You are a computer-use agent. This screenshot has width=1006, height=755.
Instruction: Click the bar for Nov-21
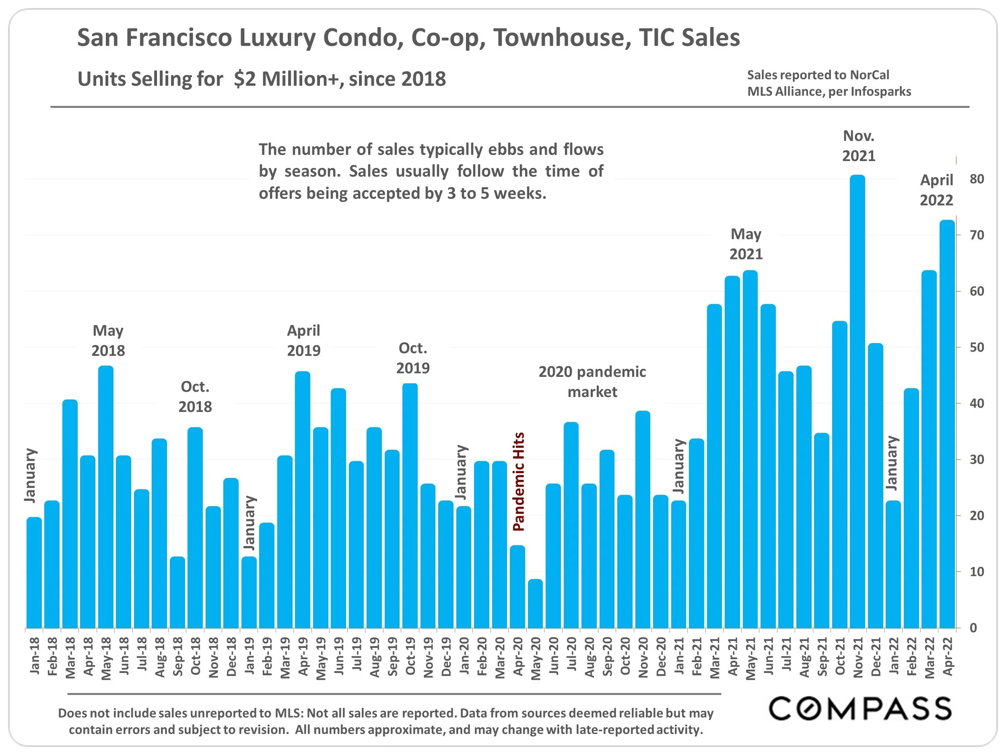(857, 401)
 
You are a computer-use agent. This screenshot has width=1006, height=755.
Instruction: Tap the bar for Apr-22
(947, 423)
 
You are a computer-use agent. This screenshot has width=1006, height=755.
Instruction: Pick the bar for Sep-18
(177, 592)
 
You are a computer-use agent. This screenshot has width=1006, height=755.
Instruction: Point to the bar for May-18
(106, 496)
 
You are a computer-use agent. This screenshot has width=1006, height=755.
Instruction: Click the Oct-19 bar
(410, 505)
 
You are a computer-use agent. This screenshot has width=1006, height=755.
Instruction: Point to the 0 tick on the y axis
(973, 628)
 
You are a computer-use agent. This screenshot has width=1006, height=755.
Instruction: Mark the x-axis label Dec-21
(876, 656)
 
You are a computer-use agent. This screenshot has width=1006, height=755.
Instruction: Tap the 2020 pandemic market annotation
(592, 381)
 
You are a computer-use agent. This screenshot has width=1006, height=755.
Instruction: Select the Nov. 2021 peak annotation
(859, 146)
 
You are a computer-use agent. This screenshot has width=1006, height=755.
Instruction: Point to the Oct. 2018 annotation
(195, 396)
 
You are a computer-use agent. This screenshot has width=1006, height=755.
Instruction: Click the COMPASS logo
(860, 708)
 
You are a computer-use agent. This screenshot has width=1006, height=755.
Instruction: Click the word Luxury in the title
(277, 37)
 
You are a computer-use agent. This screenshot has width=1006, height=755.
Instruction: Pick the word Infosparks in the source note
(881, 91)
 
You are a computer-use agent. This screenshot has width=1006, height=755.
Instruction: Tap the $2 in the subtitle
(245, 79)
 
